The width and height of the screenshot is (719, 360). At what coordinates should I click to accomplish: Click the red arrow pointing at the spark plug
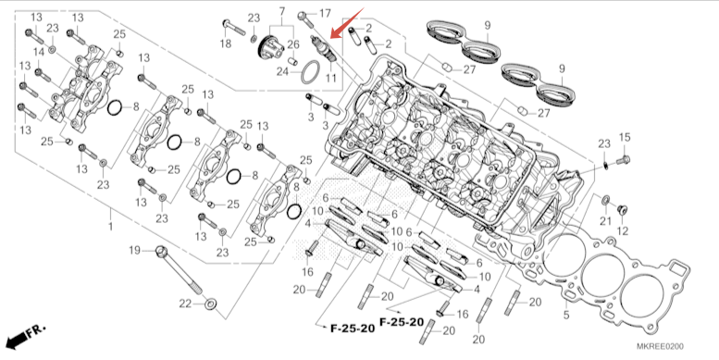[x=347, y=23]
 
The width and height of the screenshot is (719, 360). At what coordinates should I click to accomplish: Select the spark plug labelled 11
[x=323, y=49]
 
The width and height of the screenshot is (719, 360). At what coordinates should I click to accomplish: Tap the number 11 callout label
[x=330, y=78]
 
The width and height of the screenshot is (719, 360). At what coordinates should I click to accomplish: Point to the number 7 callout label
[x=281, y=11]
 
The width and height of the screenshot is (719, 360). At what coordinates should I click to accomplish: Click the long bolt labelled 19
[x=180, y=271]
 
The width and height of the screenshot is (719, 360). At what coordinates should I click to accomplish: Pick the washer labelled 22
[x=211, y=304]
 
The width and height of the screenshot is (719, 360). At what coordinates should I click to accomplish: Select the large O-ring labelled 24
[x=311, y=71]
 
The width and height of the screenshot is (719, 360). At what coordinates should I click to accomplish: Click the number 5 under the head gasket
[x=566, y=315]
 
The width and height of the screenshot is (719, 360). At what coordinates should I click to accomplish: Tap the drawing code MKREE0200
[x=660, y=346]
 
